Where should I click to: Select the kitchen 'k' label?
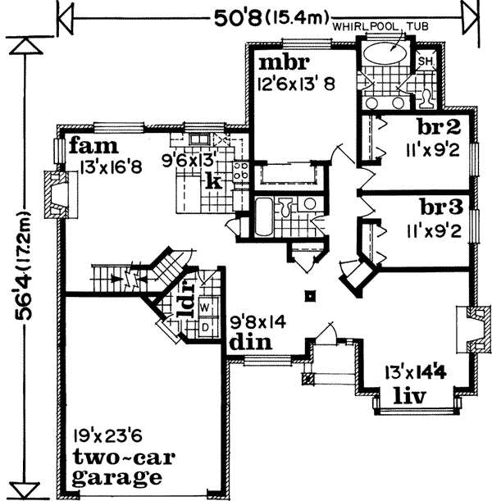point(212,181)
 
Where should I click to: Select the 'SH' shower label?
point(425,62)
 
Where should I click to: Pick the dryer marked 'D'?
point(205,326)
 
